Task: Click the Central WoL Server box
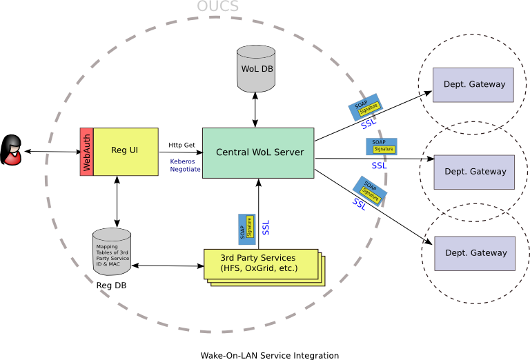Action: point(258,152)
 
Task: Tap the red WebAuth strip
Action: point(87,152)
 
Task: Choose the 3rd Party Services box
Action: point(259,263)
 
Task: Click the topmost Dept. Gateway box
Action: point(473,85)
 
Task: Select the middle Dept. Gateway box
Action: point(474,172)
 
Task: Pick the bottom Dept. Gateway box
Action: point(475,253)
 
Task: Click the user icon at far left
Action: point(12,150)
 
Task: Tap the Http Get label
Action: point(182,146)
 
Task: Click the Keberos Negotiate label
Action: point(186,165)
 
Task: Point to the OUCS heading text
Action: point(217,7)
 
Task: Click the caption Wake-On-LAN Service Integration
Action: point(269,355)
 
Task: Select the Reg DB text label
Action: point(110,285)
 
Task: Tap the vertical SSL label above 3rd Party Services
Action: point(266,228)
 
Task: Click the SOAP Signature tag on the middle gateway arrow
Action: point(382,146)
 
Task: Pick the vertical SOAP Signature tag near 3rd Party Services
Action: point(246,227)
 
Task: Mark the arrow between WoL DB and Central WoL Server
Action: point(256,110)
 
